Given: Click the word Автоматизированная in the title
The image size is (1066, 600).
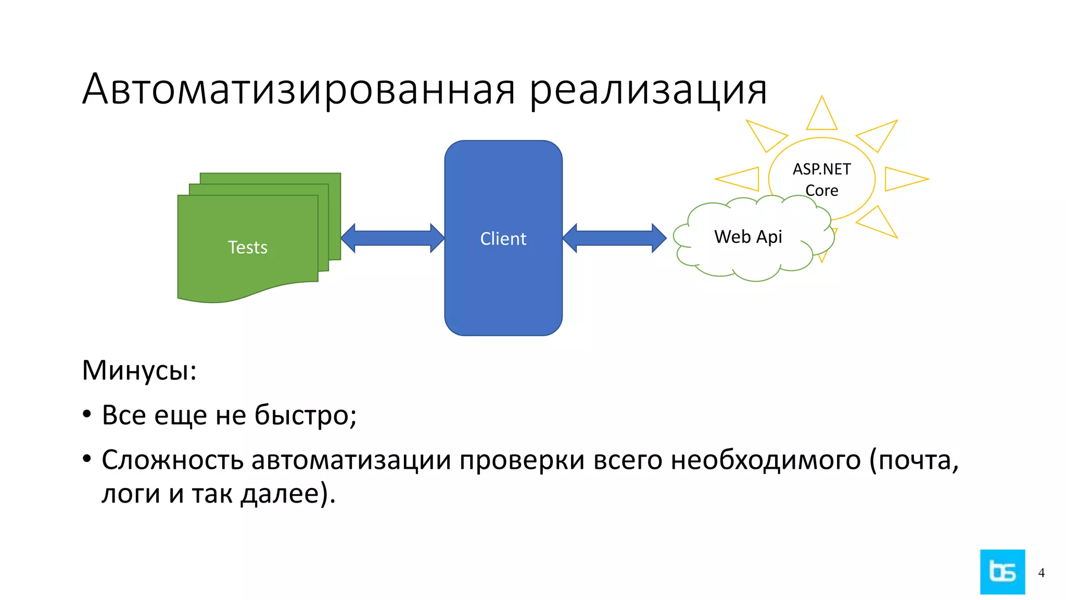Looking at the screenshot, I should [299, 90].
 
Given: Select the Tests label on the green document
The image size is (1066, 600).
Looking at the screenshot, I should [248, 247].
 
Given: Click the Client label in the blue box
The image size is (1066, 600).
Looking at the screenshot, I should [503, 239].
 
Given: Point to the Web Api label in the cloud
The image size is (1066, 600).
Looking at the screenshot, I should [748, 237].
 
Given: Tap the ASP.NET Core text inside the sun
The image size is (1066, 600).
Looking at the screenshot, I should [821, 179].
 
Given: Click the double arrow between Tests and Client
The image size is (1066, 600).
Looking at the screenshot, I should [392, 239].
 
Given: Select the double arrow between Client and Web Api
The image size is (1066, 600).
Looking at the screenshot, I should [614, 239].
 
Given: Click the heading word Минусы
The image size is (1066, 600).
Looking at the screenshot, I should [139, 371].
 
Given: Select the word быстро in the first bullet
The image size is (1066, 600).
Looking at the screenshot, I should [305, 416].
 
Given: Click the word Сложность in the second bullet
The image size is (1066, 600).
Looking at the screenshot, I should [172, 460].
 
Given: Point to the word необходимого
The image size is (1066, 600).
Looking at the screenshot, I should [765, 460].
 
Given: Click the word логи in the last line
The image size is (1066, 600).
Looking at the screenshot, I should [130, 494].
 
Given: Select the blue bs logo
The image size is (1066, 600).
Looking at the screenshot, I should [1002, 572].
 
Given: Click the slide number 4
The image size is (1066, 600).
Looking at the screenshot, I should [1041, 573].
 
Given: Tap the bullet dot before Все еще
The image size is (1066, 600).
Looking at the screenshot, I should [87, 415].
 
